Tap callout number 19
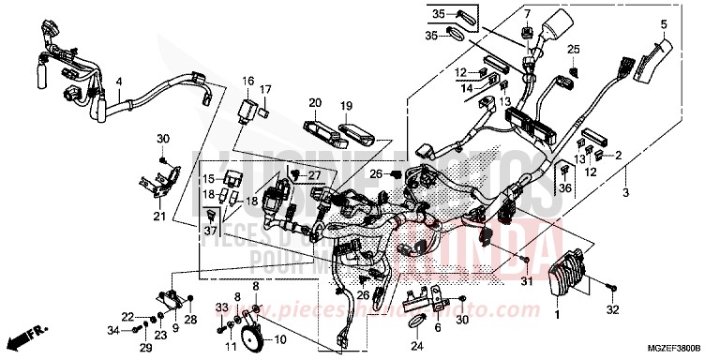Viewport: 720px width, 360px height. click(x=346, y=104)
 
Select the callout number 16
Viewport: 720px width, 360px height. click(x=249, y=81)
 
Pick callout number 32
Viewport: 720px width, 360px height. click(x=613, y=309)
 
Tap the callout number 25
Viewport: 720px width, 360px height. click(x=574, y=49)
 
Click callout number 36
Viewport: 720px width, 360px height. click(x=564, y=187)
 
